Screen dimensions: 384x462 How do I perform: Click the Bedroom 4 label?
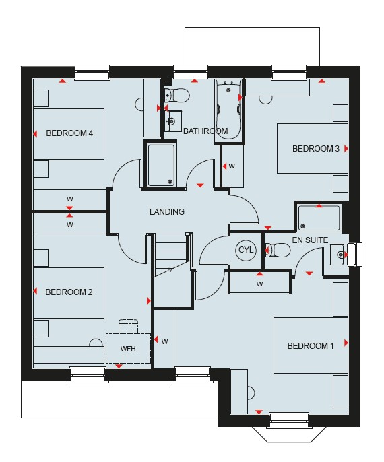tap(69, 133)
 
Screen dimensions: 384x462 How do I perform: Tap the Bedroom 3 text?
tap(316, 148)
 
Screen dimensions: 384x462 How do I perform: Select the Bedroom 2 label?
tap(69, 292)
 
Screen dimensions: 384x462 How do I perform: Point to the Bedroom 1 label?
tap(311, 345)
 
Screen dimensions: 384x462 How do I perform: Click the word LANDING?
tap(167, 212)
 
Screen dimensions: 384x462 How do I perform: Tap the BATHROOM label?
tap(205, 131)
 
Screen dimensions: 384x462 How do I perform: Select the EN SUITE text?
tap(310, 240)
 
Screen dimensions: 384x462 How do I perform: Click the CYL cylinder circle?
tap(245, 250)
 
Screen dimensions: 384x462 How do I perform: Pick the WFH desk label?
tap(128, 349)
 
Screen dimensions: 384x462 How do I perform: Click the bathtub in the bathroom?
tap(229, 110)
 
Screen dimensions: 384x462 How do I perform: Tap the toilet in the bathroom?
tap(177, 95)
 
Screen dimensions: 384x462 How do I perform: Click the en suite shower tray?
tap(319, 218)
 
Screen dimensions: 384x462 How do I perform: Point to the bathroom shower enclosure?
tap(161, 165)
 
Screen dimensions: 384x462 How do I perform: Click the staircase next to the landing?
tap(172, 270)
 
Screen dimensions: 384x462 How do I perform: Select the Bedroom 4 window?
tap(92, 72)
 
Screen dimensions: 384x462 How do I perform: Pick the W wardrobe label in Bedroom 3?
tap(232, 166)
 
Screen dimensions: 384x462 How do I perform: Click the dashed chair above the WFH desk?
tap(128, 326)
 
